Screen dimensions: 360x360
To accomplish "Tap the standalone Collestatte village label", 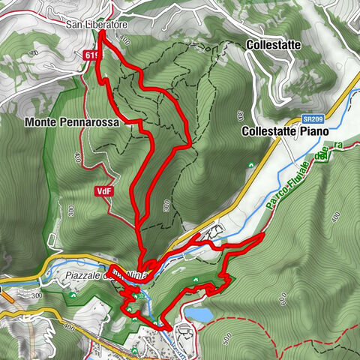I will [x=273, y=45].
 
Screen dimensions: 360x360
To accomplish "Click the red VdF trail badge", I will [x=104, y=191].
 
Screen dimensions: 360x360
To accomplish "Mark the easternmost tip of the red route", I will [x=263, y=235].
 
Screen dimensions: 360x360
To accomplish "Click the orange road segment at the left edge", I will [x=7, y=295].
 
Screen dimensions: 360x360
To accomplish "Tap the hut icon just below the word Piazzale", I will [x=73, y=294].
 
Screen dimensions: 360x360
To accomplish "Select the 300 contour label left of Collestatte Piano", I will [x=239, y=116].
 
